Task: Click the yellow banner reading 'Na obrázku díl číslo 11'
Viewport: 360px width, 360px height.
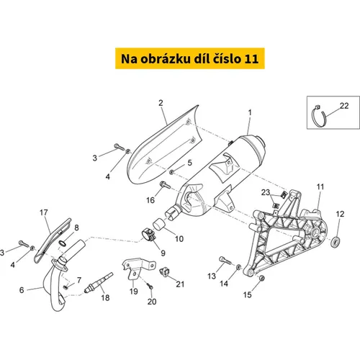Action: pyautogui.click(x=190, y=58)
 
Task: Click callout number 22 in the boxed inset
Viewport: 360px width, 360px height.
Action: pyautogui.click(x=344, y=106)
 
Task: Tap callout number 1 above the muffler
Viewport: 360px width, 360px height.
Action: pyautogui.click(x=250, y=112)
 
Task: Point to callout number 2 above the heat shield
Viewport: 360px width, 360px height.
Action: pyautogui.click(x=161, y=103)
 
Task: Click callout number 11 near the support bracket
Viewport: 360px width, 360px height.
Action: pyautogui.click(x=320, y=186)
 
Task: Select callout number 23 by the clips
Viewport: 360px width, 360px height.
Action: pyautogui.click(x=266, y=192)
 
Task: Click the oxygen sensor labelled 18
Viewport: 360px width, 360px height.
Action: pyautogui.click(x=99, y=282)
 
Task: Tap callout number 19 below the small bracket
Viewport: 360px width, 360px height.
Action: pyautogui.click(x=134, y=292)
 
